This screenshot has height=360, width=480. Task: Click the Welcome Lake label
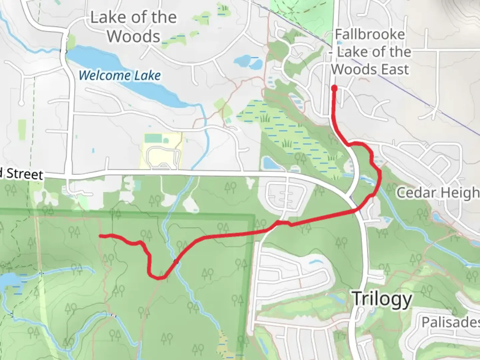[x=120, y=75]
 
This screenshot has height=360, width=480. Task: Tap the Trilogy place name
[x=382, y=299]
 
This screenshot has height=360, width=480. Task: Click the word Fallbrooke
[x=370, y=34]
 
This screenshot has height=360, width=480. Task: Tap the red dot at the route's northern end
[x=334, y=88]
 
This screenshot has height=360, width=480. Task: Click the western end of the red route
[x=101, y=236]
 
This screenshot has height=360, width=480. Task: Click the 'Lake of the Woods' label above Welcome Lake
[x=134, y=27]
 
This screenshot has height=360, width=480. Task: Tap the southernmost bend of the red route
[x=157, y=277]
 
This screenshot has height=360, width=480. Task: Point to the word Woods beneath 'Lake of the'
[x=134, y=36]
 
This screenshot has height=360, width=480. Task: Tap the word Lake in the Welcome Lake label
[x=147, y=76]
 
